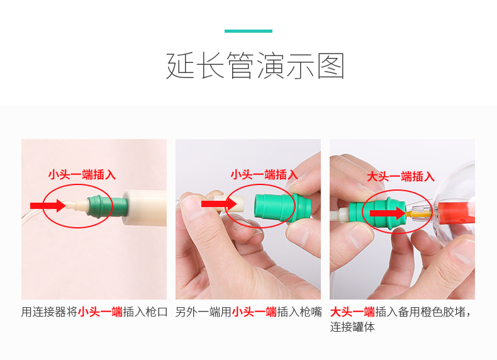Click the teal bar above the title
pyautogui.click(x=248, y=31)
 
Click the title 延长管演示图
pyautogui.click(x=255, y=66)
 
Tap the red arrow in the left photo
pyautogui.click(x=48, y=206)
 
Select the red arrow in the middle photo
pyautogui.click(x=219, y=204)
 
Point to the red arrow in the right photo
pyautogui.click(x=388, y=213)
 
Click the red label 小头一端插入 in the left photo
pyautogui.click(x=82, y=175)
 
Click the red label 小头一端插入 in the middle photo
pyautogui.click(x=264, y=175)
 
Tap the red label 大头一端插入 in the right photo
pyautogui.click(x=401, y=176)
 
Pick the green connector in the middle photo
pyautogui.click(x=282, y=206)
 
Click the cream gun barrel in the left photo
pyautogui.click(x=145, y=208)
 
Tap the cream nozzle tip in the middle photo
pyautogui.click(x=229, y=204)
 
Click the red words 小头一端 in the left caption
pyautogui.click(x=100, y=312)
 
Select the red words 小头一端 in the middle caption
pyautogui.click(x=254, y=312)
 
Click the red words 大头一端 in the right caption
pyautogui.click(x=352, y=312)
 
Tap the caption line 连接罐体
pyautogui.click(x=352, y=327)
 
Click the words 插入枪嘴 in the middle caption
pyautogui.click(x=299, y=312)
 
